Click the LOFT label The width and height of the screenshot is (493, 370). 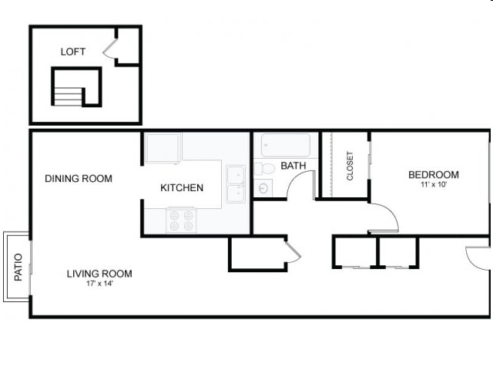pyautogui.click(x=73, y=52)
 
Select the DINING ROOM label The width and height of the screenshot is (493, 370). pyautogui.click(x=79, y=179)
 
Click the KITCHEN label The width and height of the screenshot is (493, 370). pyautogui.click(x=182, y=188)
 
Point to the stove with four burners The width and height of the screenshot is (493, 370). pyautogui.click(x=182, y=220)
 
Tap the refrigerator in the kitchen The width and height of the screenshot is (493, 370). pyautogui.click(x=163, y=147)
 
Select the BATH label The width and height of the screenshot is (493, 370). pyautogui.click(x=293, y=166)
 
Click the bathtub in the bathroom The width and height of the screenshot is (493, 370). pyautogui.click(x=285, y=145)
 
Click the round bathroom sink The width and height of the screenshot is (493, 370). pyautogui.click(x=263, y=187)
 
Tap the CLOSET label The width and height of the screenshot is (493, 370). pyautogui.click(x=350, y=166)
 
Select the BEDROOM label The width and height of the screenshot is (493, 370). pyautogui.click(x=434, y=175)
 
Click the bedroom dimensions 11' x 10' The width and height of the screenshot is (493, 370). pyautogui.click(x=434, y=185)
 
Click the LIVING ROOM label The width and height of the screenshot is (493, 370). pyautogui.click(x=99, y=274)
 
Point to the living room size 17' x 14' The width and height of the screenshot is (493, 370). pyautogui.click(x=99, y=284)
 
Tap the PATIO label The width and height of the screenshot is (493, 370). pyautogui.click(x=18, y=267)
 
